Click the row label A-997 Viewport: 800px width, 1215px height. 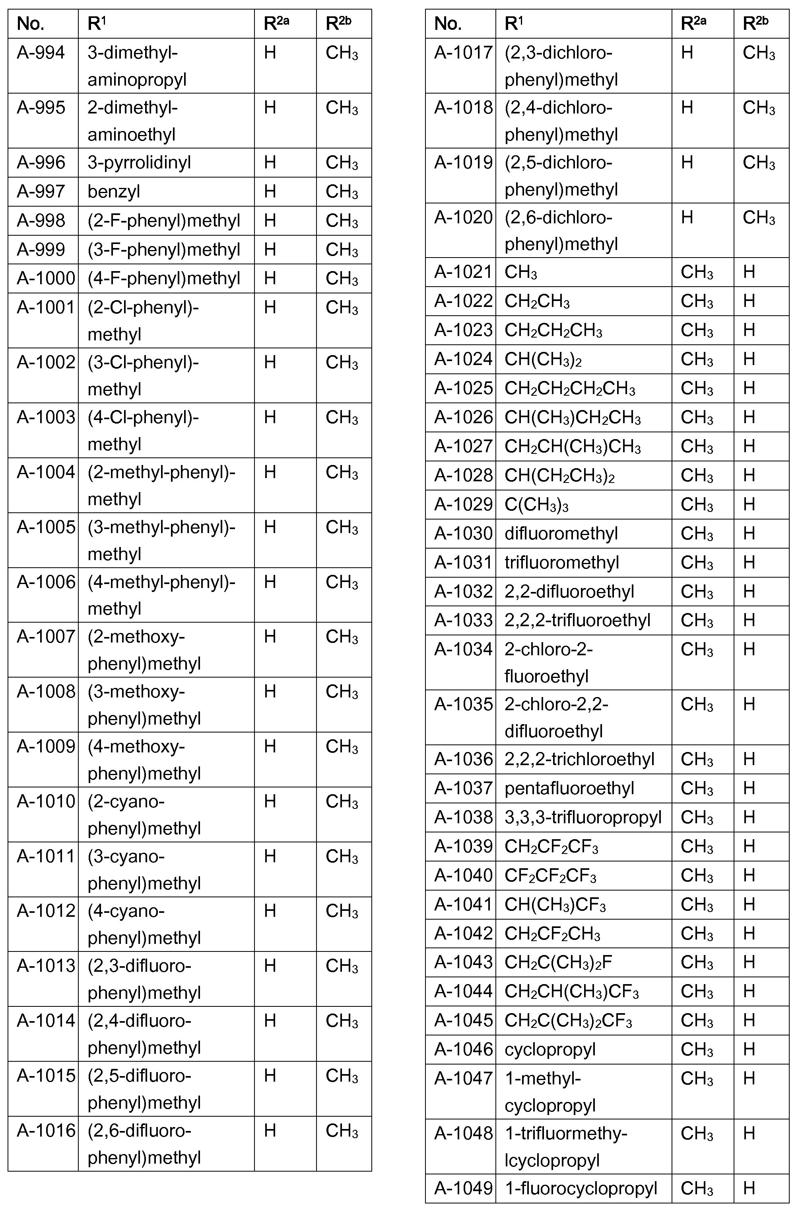pyautogui.click(x=41, y=191)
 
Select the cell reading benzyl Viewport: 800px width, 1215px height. pyautogui.click(x=114, y=191)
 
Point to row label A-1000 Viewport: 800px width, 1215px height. pyautogui.click(x=45, y=278)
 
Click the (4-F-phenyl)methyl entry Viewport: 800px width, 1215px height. pyautogui.click(x=164, y=278)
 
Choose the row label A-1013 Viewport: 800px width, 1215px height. pyautogui.click(x=45, y=966)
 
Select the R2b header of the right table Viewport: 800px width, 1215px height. pyautogui.click(x=755, y=24)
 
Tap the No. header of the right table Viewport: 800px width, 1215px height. pyautogui.click(x=447, y=24)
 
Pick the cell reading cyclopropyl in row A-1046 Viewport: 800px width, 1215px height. pyautogui.click(x=550, y=1049)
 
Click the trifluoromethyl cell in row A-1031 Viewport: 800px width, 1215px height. pyautogui.click(x=561, y=562)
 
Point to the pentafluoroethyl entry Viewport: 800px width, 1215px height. pyautogui.click(x=569, y=788)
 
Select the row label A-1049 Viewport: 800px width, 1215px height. pyautogui.click(x=463, y=1188)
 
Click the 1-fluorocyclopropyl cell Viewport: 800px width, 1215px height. pyautogui.click(x=581, y=1188)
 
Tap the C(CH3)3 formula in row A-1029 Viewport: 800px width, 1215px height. pyautogui.click(x=536, y=504)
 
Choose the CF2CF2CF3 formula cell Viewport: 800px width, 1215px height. pyautogui.click(x=550, y=875)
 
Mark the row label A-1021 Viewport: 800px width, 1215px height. pyautogui.click(x=463, y=272)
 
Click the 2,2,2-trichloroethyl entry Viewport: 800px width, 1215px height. pyautogui.click(x=579, y=759)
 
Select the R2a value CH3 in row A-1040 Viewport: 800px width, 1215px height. pyautogui.click(x=697, y=875)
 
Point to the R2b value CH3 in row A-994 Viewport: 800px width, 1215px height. pyautogui.click(x=342, y=53)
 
